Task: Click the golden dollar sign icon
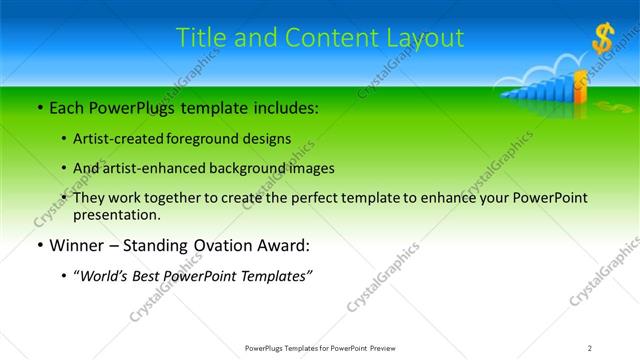pos(603,40)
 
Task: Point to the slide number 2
pos(590,347)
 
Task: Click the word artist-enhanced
pos(156,168)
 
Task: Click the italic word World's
pos(107,276)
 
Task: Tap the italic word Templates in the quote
pos(276,276)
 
